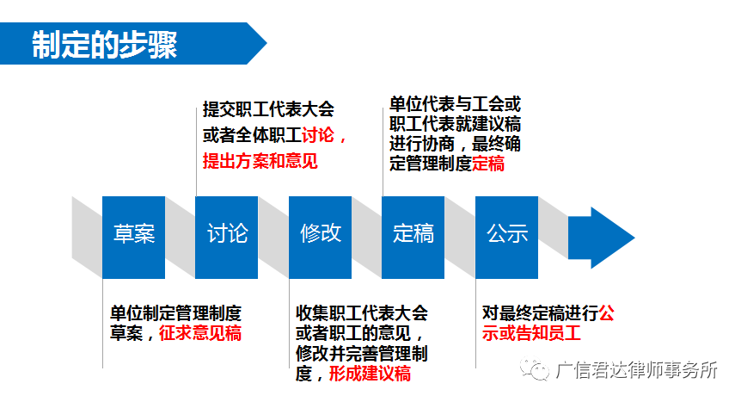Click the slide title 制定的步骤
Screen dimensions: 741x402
tap(104, 45)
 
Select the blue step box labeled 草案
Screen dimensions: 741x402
tap(134, 238)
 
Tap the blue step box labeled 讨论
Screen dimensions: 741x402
tap(226, 238)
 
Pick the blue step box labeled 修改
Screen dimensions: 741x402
tap(320, 238)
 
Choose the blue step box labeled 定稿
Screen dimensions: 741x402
tap(413, 238)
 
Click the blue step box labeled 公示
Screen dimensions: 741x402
tap(506, 238)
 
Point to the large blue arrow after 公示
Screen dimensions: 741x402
tap(601, 238)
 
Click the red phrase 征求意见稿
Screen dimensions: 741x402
tap(200, 333)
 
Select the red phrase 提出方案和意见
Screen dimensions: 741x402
tap(260, 161)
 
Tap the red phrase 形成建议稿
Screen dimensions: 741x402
tap(370, 374)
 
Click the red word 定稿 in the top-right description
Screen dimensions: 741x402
tap(488, 164)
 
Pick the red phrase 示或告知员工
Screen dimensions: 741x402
tap(531, 333)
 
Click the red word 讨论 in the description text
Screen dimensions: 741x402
tap(318, 135)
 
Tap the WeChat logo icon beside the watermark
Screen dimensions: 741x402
tap(535, 368)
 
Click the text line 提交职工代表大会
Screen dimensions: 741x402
tap(268, 109)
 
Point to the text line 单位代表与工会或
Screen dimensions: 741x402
tap(455, 104)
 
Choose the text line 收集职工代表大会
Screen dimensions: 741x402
tap(362, 313)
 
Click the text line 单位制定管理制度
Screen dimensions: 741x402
tap(176, 313)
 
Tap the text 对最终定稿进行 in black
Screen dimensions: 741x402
tap(540, 313)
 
